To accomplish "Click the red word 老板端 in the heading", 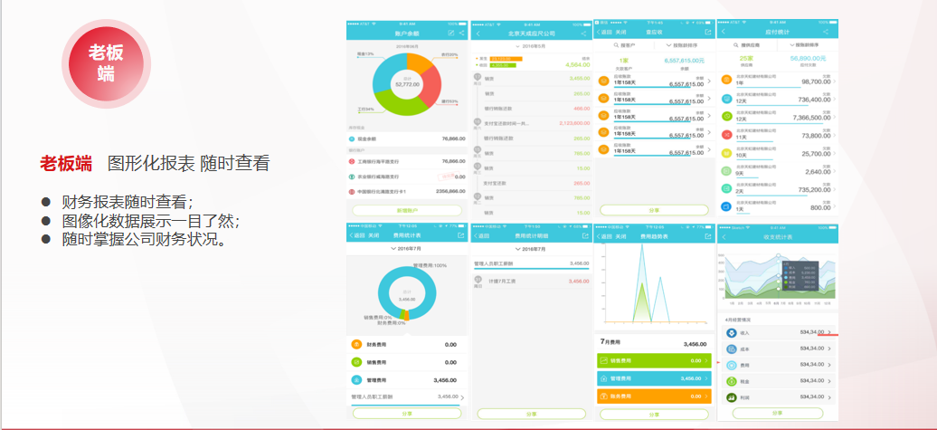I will pyautogui.click(x=65, y=164).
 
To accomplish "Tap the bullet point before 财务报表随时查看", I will pyautogui.click(x=45, y=201).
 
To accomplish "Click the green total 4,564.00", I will pyautogui.click(x=576, y=65).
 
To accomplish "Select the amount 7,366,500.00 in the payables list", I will pyautogui.click(x=805, y=118).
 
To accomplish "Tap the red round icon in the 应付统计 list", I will pyautogui.click(x=727, y=135).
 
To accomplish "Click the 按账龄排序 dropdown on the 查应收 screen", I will pyautogui.click(x=682, y=43).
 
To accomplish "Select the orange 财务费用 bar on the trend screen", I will pyautogui.click(x=652, y=396).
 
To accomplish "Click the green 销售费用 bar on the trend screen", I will pyautogui.click(x=652, y=360).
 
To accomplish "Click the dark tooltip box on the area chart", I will pyautogui.click(x=801, y=274).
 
